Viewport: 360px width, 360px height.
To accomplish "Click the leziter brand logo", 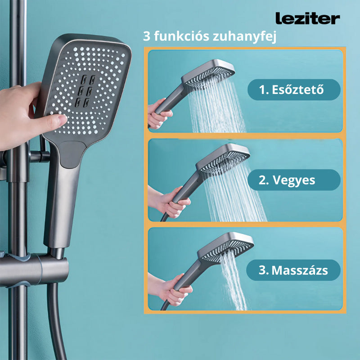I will coord(307,18).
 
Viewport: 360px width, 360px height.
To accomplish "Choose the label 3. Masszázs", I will coord(293,270).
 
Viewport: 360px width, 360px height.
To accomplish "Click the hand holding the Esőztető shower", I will coord(157,115).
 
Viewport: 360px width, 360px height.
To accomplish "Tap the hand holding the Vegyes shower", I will coord(169,203).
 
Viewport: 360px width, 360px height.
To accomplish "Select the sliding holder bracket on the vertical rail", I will coord(38,270).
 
